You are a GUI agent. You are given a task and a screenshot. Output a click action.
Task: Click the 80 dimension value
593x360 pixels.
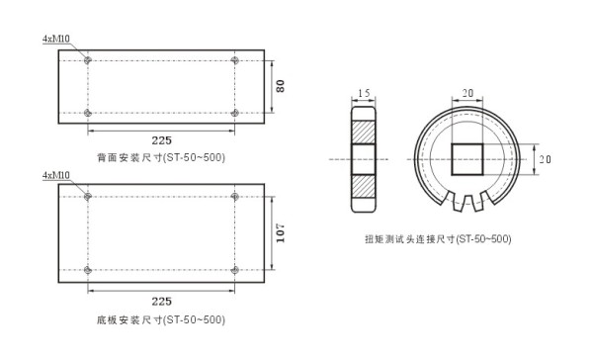(281, 86)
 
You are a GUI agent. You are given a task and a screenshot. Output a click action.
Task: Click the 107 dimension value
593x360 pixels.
(281, 232)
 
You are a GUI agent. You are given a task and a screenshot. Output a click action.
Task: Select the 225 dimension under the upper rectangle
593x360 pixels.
(162, 140)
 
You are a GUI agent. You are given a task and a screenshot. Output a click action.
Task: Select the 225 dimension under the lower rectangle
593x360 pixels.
(162, 302)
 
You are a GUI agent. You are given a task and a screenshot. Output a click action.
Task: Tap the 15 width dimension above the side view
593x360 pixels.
(364, 93)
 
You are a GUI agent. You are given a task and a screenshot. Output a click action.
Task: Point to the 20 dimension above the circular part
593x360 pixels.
(467, 93)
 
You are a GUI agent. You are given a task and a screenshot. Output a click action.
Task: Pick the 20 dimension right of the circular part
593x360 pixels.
(545, 159)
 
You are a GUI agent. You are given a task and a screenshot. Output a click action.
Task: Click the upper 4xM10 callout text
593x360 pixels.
(56, 39)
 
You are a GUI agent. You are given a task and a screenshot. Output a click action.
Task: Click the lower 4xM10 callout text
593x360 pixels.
(56, 175)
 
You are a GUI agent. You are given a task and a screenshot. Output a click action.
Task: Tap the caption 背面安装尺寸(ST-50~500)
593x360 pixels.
(161, 157)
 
